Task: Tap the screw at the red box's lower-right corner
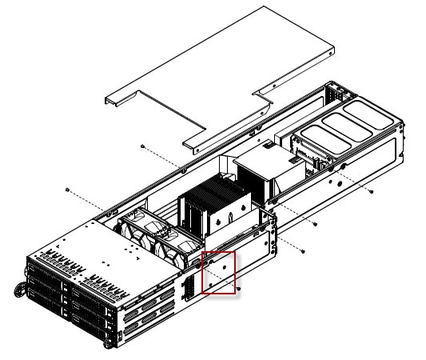click(x=239, y=286)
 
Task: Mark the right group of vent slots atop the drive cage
click(x=104, y=279)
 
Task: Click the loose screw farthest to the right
click(x=372, y=193)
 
